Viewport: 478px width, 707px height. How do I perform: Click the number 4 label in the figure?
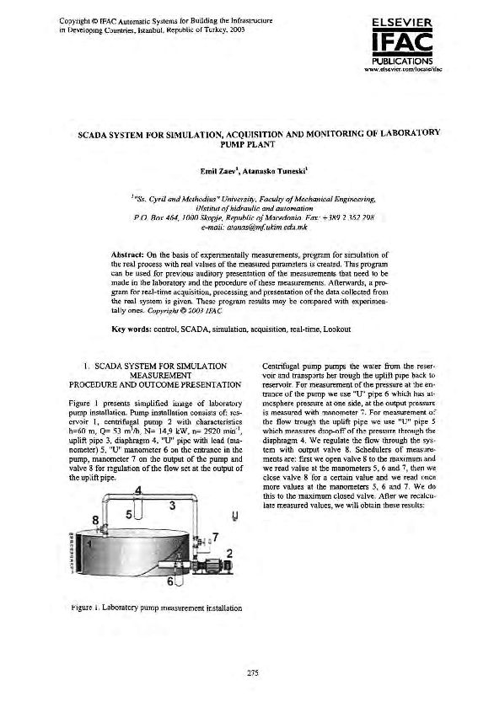pyautogui.click(x=137, y=490)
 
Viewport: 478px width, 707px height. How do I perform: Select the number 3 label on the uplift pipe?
pyautogui.click(x=172, y=505)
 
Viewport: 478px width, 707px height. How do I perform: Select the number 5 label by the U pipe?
pyautogui.click(x=128, y=512)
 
